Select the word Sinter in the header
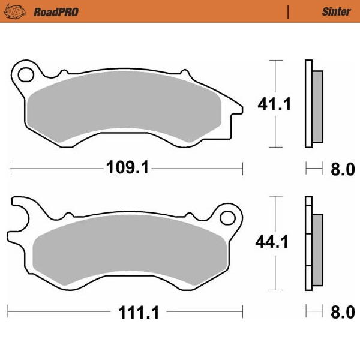(x=331, y=11)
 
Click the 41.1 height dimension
(x=274, y=104)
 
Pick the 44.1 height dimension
(x=272, y=242)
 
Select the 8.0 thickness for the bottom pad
(x=343, y=313)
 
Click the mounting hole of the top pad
(x=26, y=75)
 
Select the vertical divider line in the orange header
(x=289, y=11)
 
